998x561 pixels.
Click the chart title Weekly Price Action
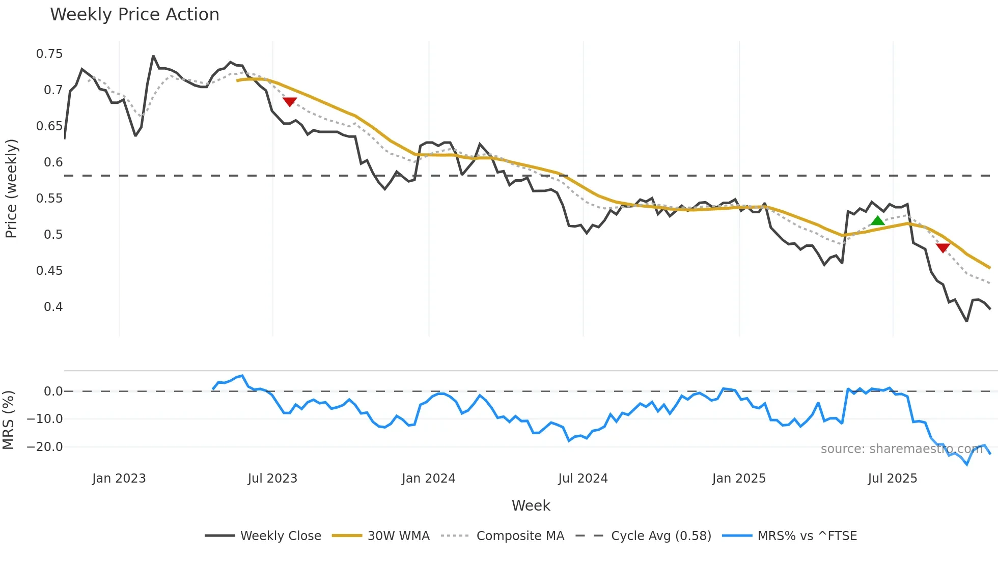(134, 15)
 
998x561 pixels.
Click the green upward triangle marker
(877, 221)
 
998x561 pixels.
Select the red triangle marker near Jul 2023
(290, 102)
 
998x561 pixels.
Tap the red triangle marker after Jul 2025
(942, 248)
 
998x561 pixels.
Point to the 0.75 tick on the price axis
(49, 54)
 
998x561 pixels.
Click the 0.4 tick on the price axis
(53, 307)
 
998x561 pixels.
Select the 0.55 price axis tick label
(49, 199)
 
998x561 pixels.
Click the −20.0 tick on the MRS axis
(45, 447)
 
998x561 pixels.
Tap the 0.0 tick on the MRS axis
(53, 391)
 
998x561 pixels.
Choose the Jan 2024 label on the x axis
(428, 479)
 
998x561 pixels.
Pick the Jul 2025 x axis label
(892, 479)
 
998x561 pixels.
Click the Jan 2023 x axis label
(119, 479)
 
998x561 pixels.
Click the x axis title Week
(531, 506)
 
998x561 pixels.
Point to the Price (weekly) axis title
(11, 188)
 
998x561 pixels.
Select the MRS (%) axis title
(8, 420)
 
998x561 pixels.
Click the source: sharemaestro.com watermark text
(901, 449)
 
